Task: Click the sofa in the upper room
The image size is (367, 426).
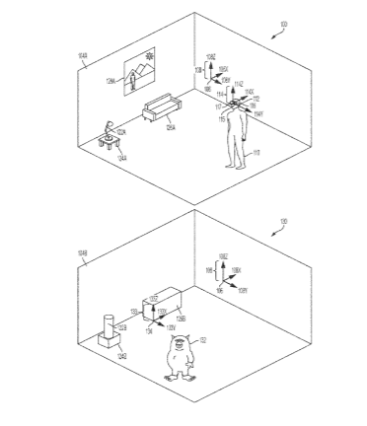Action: click(x=158, y=107)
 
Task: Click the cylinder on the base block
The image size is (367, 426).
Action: click(x=107, y=325)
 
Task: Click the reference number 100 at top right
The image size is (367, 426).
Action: click(x=283, y=21)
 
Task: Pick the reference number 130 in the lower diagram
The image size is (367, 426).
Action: click(x=283, y=221)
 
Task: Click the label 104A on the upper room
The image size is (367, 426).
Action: click(x=84, y=57)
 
